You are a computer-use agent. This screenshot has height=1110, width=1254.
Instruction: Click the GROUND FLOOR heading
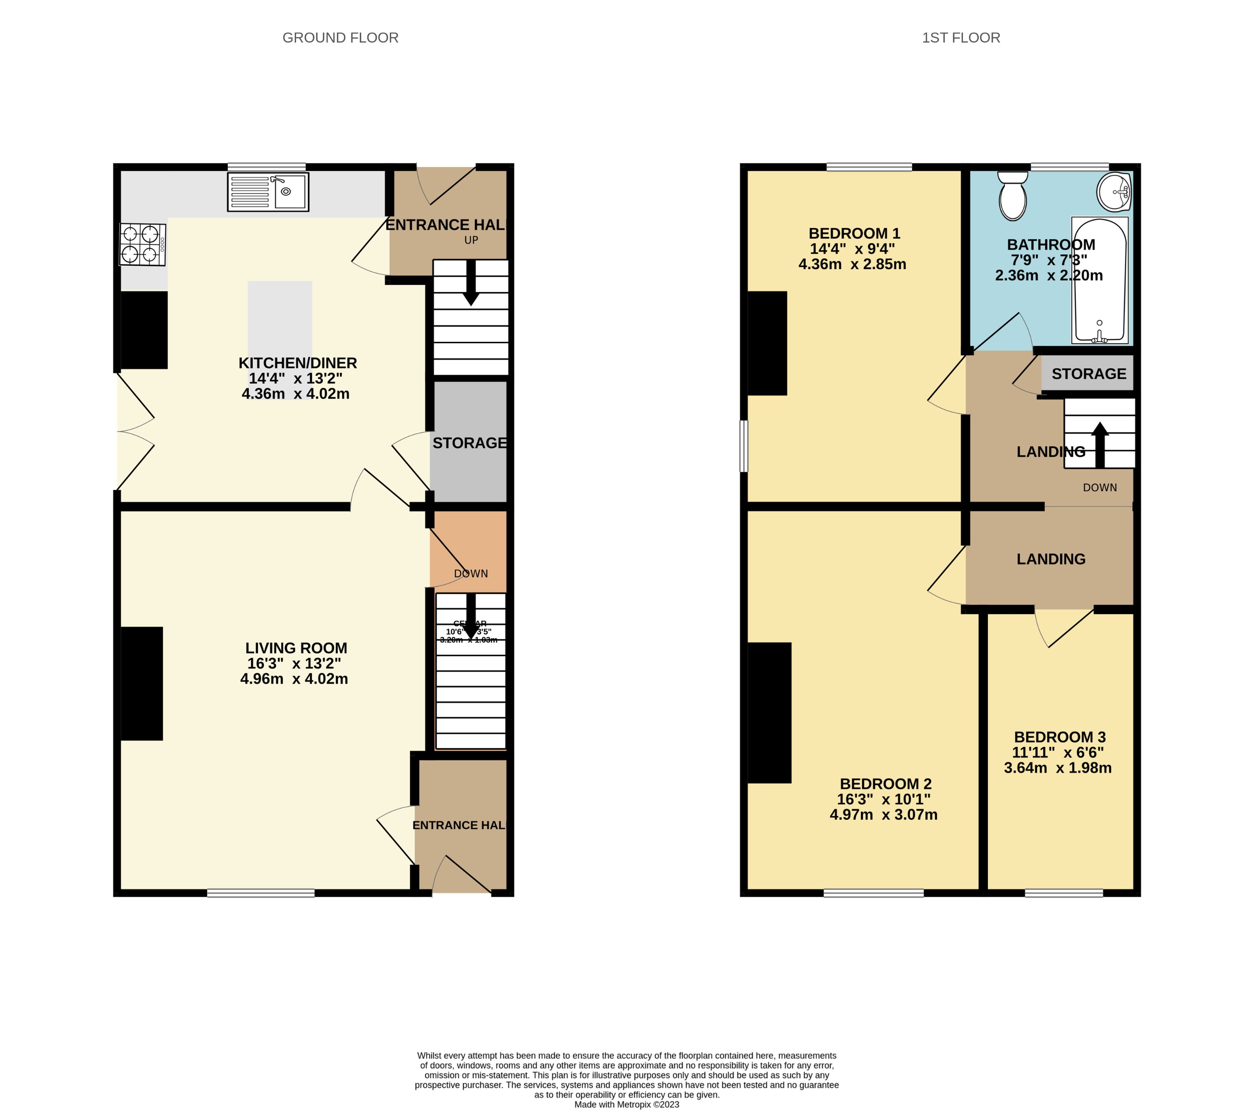pyautogui.click(x=340, y=38)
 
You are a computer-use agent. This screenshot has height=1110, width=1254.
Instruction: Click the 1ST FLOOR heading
pyautogui.click(x=960, y=38)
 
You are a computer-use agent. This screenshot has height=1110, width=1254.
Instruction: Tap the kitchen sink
pyautogui.click(x=268, y=192)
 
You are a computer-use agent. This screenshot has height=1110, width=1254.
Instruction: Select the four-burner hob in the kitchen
pyautogui.click(x=142, y=244)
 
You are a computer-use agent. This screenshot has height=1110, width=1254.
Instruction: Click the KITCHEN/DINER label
pyautogui.click(x=298, y=363)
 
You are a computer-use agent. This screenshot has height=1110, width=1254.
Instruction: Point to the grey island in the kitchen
pyautogui.click(x=280, y=319)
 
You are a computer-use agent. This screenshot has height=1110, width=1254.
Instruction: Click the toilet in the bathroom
pyautogui.click(x=1012, y=195)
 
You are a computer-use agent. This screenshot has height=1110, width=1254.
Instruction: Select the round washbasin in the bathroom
pyautogui.click(x=1114, y=192)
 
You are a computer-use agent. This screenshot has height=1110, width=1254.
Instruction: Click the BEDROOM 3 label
pyautogui.click(x=1059, y=737)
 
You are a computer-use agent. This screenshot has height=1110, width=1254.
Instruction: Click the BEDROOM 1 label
pyautogui.click(x=854, y=233)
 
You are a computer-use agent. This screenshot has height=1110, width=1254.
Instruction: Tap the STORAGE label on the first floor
pyautogui.click(x=1088, y=374)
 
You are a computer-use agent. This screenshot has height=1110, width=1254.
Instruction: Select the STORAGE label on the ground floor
pyautogui.click(x=470, y=443)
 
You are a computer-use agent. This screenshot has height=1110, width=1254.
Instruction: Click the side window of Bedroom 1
pyautogui.click(x=744, y=446)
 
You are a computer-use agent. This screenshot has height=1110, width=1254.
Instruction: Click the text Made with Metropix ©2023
pyautogui.click(x=626, y=1104)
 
